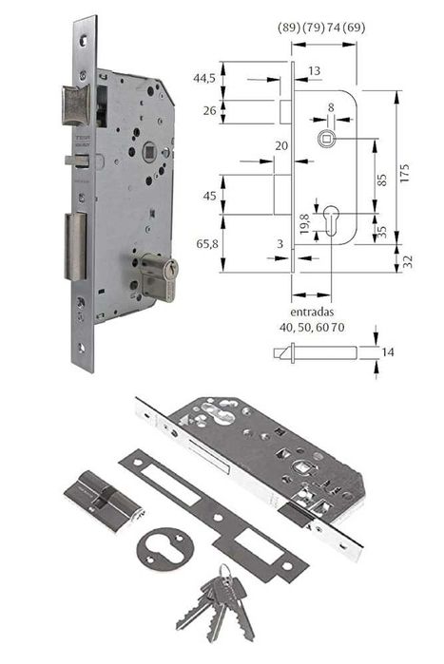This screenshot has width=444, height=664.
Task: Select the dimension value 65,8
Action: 207,245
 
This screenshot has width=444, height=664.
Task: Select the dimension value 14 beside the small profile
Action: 387,352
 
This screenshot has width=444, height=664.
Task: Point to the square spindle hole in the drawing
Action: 327,140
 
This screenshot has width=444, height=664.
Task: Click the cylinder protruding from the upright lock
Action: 160,276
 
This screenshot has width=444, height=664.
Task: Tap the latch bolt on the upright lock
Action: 74,105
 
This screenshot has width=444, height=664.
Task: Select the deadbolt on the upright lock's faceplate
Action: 75,245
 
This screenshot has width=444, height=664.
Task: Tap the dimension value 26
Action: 207,111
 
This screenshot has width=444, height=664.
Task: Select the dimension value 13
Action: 315,70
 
